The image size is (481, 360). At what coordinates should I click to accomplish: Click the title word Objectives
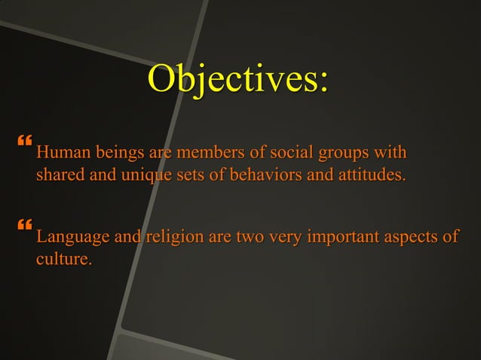point(238,81)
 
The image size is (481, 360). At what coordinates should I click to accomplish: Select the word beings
point(120,155)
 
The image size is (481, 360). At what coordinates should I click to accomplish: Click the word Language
point(73,238)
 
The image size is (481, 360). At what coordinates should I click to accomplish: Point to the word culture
point(64,261)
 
